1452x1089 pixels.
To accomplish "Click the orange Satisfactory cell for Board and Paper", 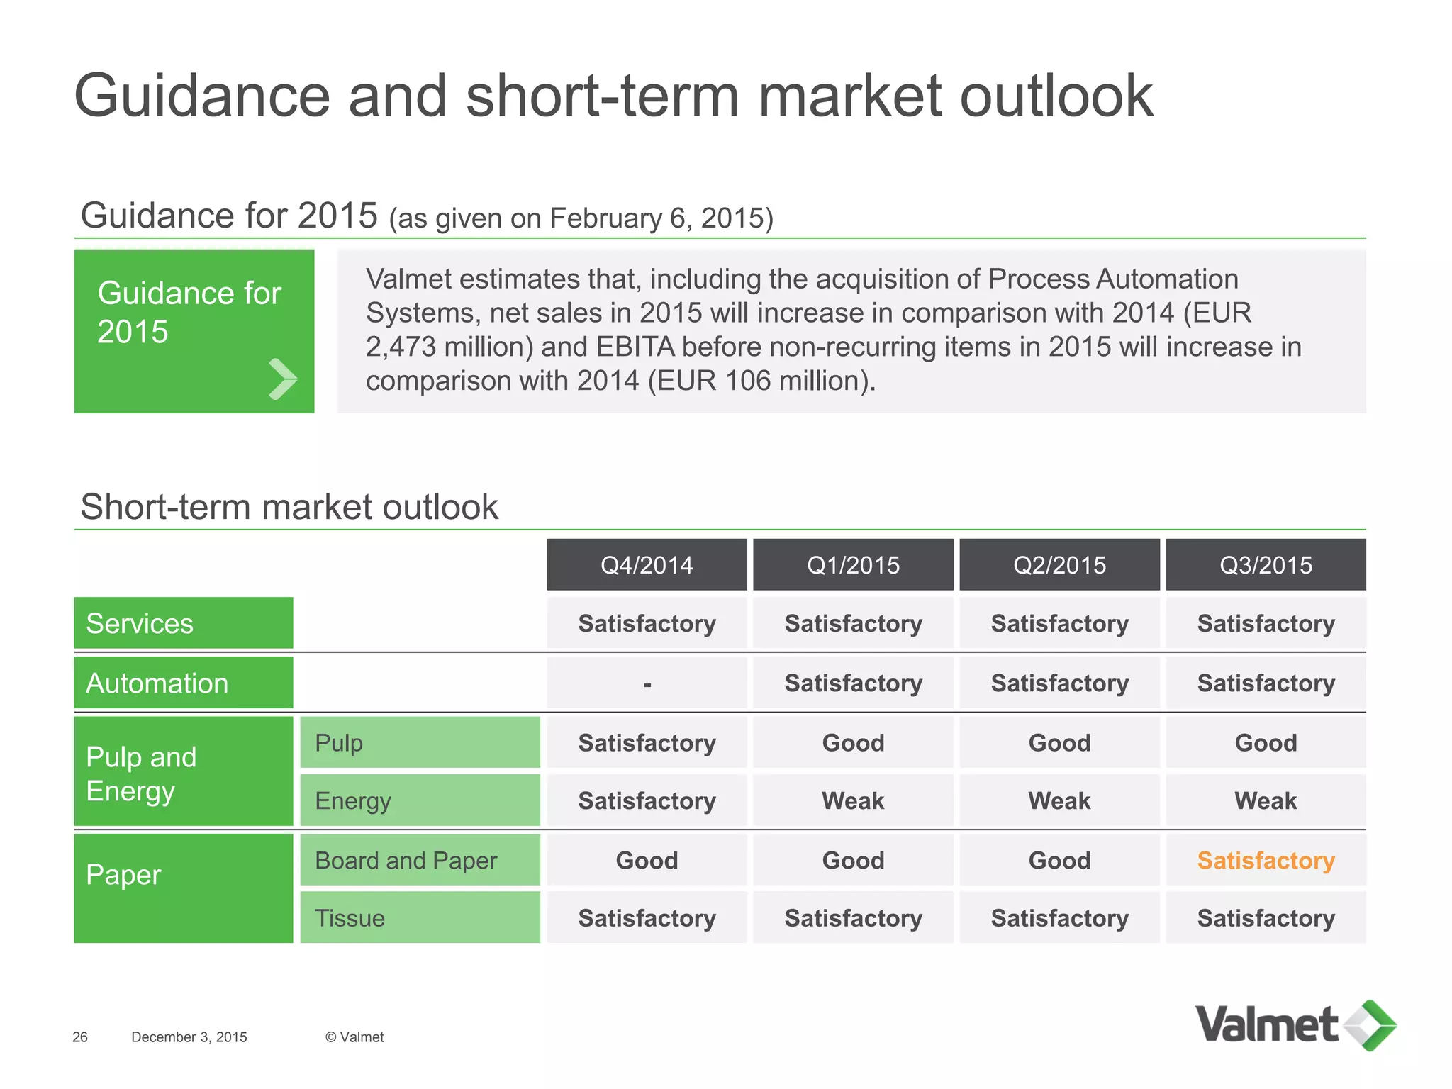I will [x=1266, y=860].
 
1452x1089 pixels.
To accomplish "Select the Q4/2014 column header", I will [x=647, y=565].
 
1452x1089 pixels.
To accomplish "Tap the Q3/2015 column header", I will [x=1266, y=565].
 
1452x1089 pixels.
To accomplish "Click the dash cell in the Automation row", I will [x=647, y=683].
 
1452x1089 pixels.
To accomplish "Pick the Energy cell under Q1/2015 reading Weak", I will [x=853, y=800].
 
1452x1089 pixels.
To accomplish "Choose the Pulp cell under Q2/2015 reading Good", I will [x=1059, y=742].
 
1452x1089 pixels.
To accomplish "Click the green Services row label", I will [x=183, y=623].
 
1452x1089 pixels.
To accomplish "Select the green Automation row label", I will [x=183, y=683].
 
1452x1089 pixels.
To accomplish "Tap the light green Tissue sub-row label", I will [x=420, y=917].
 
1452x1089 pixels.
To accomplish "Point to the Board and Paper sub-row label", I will [x=420, y=860].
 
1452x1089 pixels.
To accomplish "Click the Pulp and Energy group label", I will [x=183, y=773].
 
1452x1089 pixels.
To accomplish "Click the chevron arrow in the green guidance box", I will [x=282, y=379].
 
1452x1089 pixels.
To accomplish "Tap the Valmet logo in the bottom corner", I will [x=1295, y=1025].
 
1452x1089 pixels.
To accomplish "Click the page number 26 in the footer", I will [x=80, y=1037].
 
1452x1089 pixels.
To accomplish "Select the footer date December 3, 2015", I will [x=189, y=1037].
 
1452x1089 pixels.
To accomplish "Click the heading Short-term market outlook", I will [x=289, y=507].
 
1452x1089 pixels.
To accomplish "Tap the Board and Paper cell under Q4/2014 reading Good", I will [x=647, y=860].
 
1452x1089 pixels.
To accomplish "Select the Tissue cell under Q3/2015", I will [x=1266, y=918].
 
